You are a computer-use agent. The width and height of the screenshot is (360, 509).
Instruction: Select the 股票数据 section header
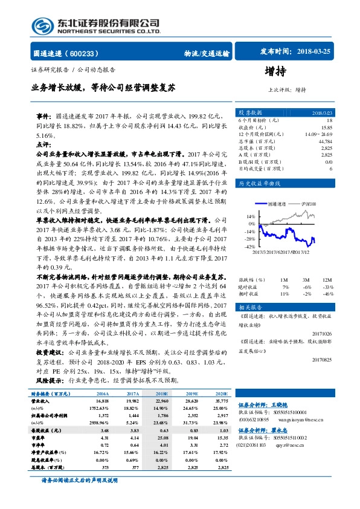tap(250, 112)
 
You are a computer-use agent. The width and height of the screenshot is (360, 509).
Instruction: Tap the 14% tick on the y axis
tap(249, 216)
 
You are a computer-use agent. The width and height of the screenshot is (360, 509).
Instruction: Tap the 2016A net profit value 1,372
tap(101, 415)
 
